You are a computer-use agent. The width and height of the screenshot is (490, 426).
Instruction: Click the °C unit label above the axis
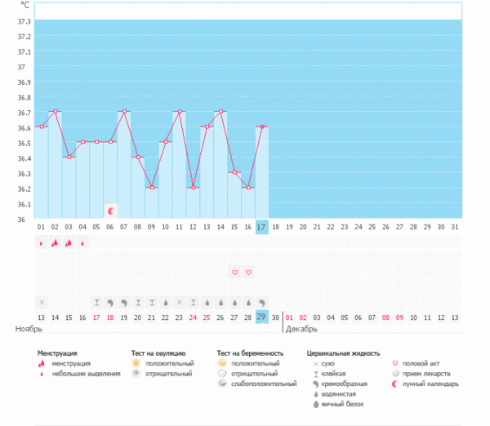point(23,5)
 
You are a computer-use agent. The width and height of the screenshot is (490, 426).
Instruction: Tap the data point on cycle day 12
point(193,188)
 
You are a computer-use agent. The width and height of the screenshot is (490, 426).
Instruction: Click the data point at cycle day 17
point(261,126)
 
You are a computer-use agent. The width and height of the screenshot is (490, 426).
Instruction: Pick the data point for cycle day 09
point(151,188)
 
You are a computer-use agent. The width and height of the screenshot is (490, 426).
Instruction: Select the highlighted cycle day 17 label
point(261,226)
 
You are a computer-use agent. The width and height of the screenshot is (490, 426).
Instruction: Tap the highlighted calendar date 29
point(261,317)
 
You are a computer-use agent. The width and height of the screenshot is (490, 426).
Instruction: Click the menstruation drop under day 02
point(55,242)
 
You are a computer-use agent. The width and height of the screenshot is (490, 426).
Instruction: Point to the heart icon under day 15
point(234,272)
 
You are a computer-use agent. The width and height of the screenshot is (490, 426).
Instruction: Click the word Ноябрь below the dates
point(29,328)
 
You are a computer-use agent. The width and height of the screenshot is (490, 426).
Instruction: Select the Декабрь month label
point(301,328)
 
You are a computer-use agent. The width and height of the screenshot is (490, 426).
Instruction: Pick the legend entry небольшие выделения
point(81,373)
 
